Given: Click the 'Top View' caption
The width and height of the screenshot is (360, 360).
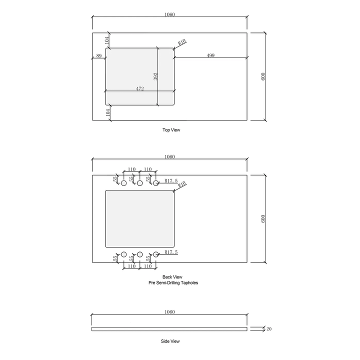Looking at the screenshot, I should click(x=171, y=130).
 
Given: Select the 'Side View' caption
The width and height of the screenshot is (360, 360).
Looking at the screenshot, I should click(x=171, y=341).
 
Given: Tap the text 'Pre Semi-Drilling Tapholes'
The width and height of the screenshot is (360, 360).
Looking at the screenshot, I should click(x=173, y=282).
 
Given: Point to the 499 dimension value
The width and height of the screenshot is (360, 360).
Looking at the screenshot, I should click(x=210, y=55).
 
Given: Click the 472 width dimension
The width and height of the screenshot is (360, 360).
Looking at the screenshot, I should click(x=140, y=88).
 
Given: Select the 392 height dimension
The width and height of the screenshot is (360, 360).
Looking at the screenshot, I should click(x=155, y=76).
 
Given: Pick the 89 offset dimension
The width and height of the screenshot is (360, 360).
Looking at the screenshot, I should click(x=98, y=56).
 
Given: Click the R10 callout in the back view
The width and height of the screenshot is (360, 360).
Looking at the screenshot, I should click(x=182, y=184).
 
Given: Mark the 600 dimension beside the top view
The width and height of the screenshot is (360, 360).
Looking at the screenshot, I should click(x=263, y=76).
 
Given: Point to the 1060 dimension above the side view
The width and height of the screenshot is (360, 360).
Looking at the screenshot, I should click(x=169, y=312).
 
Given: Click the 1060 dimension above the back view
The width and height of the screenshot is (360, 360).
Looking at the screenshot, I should click(x=169, y=156).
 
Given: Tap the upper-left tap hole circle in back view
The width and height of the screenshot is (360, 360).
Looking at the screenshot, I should click(x=124, y=183).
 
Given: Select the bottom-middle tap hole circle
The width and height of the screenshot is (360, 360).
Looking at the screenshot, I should click(x=140, y=254).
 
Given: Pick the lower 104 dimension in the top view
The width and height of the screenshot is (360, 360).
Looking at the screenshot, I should click(x=107, y=113).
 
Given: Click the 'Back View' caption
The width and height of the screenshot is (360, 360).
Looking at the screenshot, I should click(x=172, y=276).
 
